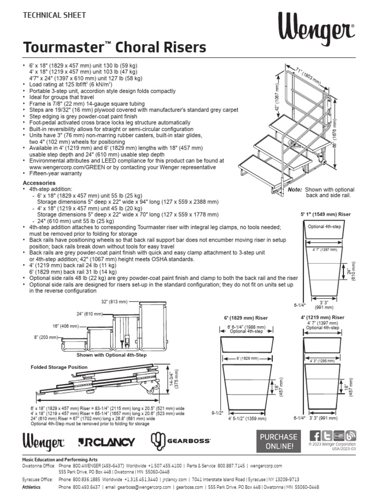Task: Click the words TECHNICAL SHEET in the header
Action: tap(55, 15)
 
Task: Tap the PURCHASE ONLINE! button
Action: tap(279, 441)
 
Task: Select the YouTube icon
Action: tap(339, 436)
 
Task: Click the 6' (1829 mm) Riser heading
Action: tap(246, 318)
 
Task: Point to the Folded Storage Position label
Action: tap(59, 367)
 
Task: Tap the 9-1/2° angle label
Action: tap(218, 412)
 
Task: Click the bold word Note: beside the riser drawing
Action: tap(295, 189)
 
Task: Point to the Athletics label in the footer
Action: tap(31, 487)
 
